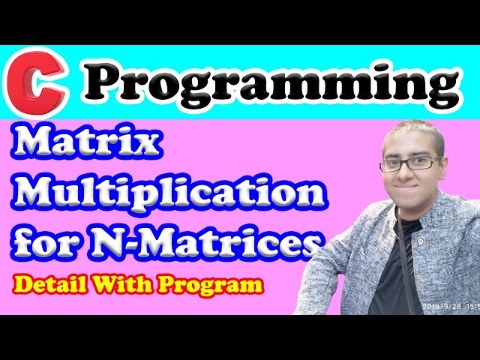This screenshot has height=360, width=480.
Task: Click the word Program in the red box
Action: pos(221,286)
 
